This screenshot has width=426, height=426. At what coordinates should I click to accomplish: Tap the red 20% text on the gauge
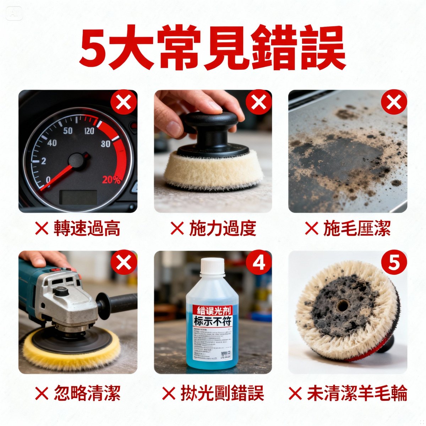111,180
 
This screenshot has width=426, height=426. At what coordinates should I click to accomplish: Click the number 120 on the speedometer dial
89,131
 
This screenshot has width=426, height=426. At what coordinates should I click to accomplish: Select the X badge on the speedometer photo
123,103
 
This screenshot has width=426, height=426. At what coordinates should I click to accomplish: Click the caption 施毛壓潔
356,228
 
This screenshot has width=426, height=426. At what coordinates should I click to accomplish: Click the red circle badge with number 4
259,264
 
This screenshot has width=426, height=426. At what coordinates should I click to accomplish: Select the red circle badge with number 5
393,264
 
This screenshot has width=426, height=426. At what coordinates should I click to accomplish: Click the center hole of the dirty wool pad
343,305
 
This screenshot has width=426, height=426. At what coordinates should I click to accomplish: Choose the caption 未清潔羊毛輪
356,393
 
